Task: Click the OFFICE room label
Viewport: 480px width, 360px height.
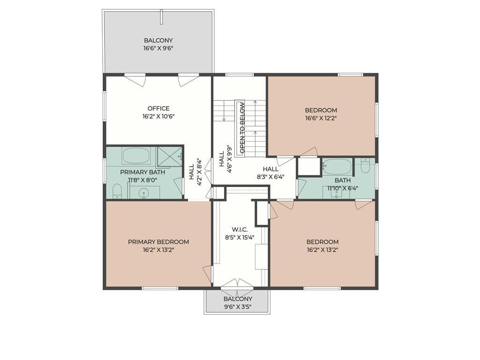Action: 158,108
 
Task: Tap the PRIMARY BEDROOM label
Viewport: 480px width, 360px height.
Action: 158,242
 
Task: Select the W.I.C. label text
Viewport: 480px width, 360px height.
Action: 240,229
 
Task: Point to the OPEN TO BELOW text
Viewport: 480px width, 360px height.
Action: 242,127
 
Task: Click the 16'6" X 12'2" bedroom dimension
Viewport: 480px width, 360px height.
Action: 321,118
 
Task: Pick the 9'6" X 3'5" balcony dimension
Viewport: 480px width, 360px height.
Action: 238,307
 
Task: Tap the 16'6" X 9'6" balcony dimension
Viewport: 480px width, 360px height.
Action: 158,48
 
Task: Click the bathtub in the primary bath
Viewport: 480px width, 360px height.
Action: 136,156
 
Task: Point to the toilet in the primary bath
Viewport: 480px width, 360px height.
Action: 117,191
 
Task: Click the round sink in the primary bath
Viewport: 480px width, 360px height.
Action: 143,193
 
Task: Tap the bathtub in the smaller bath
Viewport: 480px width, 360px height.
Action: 337,167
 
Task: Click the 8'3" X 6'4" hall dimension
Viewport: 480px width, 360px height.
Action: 270,177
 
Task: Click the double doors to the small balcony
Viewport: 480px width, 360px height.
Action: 237,284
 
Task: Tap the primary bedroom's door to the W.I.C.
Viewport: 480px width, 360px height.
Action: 207,274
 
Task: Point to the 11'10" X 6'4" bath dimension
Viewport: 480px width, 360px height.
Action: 343,188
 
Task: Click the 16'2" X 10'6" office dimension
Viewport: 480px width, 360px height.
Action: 158,117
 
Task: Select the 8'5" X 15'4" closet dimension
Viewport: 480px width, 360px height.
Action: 240,237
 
